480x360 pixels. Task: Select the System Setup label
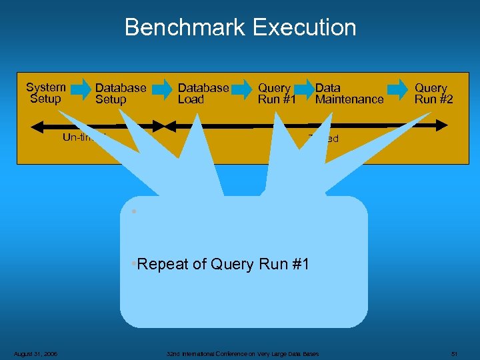click(x=45, y=93)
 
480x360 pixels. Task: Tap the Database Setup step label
click(x=121, y=93)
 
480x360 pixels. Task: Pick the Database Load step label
click(x=203, y=93)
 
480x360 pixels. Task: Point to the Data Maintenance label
click(x=349, y=93)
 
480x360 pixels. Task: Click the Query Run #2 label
click(x=433, y=93)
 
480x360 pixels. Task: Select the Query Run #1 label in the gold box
click(x=277, y=93)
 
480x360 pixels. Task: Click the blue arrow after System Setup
click(x=80, y=88)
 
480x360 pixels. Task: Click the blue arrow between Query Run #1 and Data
click(x=305, y=88)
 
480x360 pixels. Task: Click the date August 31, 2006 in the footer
click(x=35, y=353)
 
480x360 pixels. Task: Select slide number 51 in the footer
click(x=454, y=353)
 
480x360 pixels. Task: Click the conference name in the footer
click(x=243, y=353)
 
